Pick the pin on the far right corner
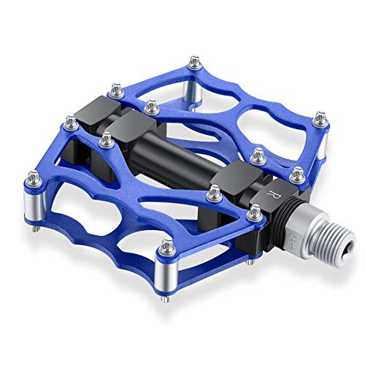point(320,117)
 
